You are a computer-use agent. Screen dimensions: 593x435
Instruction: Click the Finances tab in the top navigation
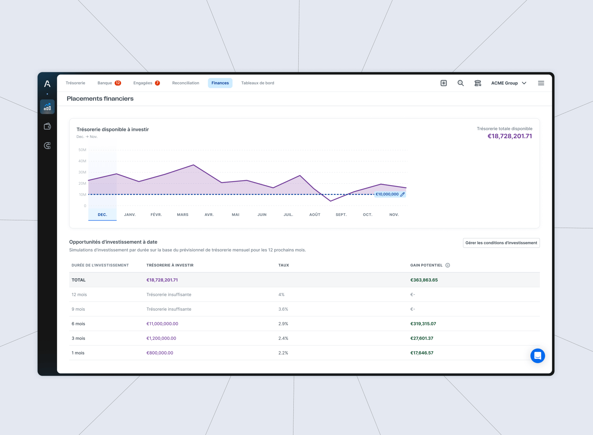tap(220, 83)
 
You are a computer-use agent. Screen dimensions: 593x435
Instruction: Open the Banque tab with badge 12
tap(109, 83)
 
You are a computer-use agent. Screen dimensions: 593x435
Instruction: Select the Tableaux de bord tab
tap(258, 83)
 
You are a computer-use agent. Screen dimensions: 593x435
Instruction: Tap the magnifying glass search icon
tap(461, 83)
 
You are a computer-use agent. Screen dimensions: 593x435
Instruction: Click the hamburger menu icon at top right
tap(541, 83)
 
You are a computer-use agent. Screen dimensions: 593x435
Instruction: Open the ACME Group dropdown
tap(509, 83)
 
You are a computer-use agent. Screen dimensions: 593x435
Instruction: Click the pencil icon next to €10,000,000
tap(402, 194)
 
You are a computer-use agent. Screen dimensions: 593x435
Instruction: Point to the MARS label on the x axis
tap(183, 215)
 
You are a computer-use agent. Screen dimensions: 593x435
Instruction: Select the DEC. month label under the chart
tap(103, 215)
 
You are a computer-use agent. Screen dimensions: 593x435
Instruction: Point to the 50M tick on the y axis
tap(82, 150)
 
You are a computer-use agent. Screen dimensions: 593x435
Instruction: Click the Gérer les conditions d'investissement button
tap(501, 243)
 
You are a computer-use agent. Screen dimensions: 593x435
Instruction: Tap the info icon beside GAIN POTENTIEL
tap(448, 265)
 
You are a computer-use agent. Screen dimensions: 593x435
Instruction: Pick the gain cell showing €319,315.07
tap(423, 324)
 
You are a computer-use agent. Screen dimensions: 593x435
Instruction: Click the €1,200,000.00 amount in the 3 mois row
tap(161, 338)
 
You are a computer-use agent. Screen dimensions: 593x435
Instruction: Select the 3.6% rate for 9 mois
tap(283, 309)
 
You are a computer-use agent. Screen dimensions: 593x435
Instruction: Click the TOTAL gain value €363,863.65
tap(424, 280)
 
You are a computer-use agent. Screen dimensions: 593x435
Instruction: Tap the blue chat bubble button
tap(538, 356)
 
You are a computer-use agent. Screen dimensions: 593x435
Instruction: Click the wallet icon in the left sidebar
tap(47, 126)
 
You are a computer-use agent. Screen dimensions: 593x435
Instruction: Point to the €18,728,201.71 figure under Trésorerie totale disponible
tap(510, 136)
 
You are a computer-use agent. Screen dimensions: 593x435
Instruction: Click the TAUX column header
tap(284, 265)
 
